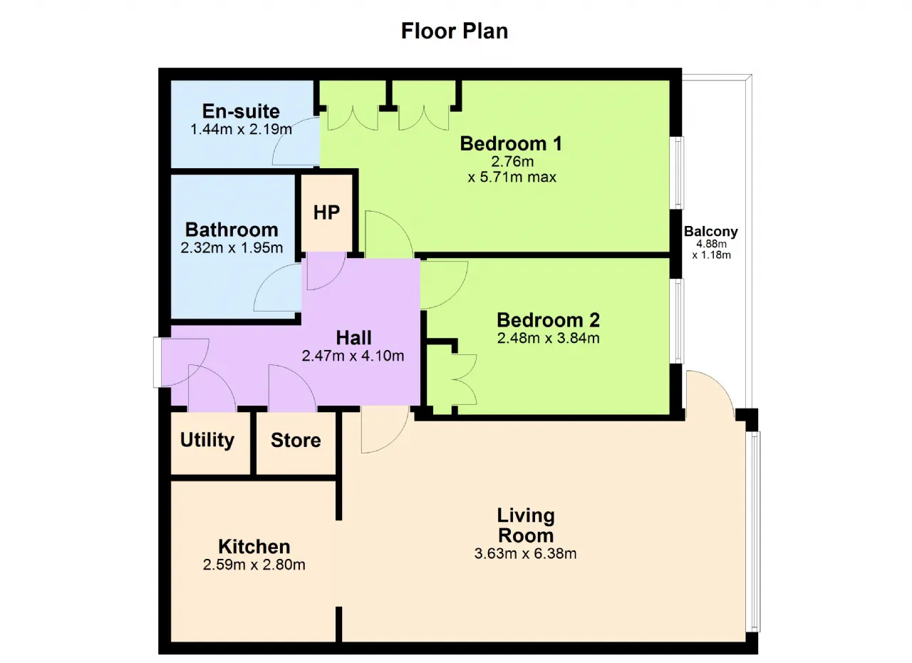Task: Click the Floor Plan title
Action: pos(455,31)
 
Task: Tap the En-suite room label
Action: pos(241,110)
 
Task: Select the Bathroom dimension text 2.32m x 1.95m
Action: pos(232,247)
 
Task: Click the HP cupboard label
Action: pos(326,212)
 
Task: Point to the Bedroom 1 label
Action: pos(511,143)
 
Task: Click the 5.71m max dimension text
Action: pos(512,177)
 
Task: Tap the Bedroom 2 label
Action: pos(548,320)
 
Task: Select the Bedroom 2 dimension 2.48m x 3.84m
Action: pos(548,338)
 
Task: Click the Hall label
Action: pos(353,338)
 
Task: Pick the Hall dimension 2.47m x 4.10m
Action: pos(353,356)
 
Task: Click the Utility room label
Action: pos(207,441)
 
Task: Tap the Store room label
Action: pos(296,441)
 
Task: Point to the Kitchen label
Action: pos(254,547)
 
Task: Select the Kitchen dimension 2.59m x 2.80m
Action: pos(254,565)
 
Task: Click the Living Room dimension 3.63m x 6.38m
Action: pos(525,554)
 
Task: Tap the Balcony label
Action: pos(711,231)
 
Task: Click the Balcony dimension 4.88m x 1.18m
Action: pos(711,250)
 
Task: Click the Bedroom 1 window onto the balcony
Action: pos(677,173)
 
